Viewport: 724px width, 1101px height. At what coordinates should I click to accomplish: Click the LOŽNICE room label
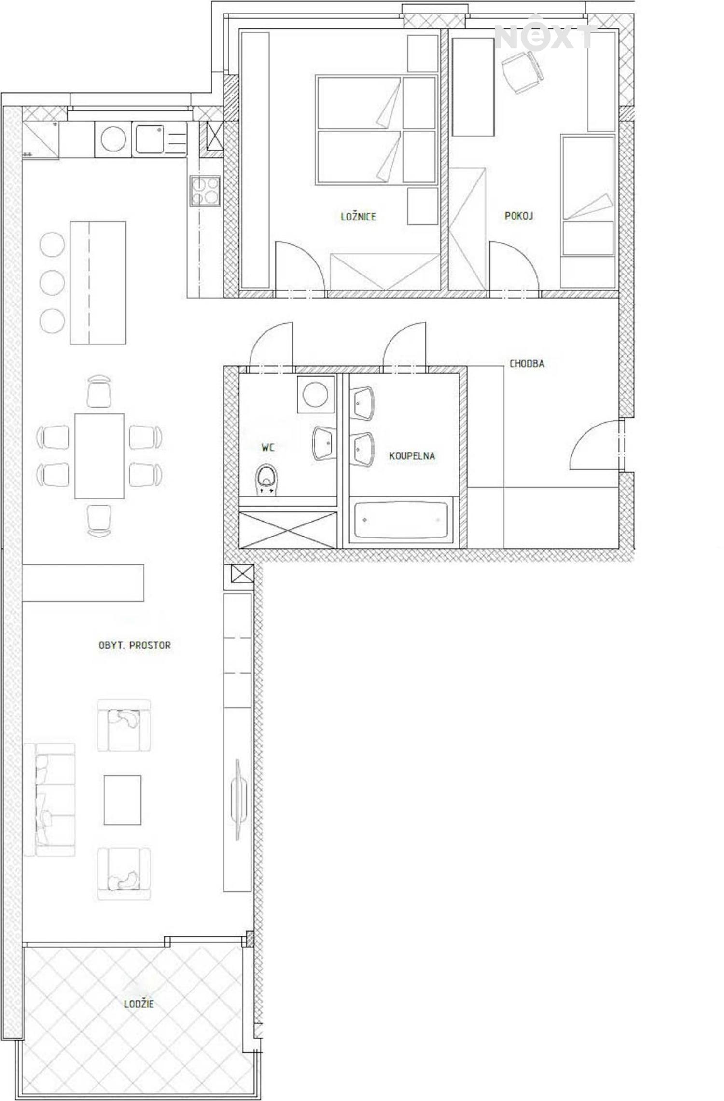click(x=358, y=216)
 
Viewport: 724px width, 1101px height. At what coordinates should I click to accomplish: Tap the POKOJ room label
click(x=519, y=215)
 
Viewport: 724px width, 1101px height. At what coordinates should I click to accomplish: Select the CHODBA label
click(x=527, y=363)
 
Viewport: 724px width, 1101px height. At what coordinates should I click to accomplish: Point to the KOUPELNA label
click(x=412, y=455)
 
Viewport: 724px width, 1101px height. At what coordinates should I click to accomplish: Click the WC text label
click(x=268, y=447)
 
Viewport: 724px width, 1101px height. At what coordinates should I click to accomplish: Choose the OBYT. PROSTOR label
click(x=135, y=645)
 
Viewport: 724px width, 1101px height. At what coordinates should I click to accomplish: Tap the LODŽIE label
click(x=139, y=1004)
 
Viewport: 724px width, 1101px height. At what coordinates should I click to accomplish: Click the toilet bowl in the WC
click(x=266, y=480)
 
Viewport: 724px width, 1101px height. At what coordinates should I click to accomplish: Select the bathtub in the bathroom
click(x=401, y=521)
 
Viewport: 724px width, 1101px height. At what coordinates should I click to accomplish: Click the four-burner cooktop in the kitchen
click(x=205, y=191)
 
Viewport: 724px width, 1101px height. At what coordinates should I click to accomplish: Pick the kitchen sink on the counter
click(x=150, y=139)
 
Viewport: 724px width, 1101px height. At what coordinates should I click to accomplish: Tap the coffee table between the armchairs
click(x=123, y=800)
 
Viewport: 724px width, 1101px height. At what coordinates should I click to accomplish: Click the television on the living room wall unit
click(x=237, y=799)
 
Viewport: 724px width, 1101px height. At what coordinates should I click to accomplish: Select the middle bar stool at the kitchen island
click(x=52, y=283)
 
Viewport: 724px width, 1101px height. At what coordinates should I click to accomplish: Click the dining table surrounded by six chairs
click(x=99, y=456)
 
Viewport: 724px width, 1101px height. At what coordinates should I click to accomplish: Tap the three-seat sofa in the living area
click(x=50, y=800)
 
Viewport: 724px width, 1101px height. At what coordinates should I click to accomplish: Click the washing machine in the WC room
click(x=316, y=394)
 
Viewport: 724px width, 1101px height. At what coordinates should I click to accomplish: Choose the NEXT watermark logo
click(x=544, y=33)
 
